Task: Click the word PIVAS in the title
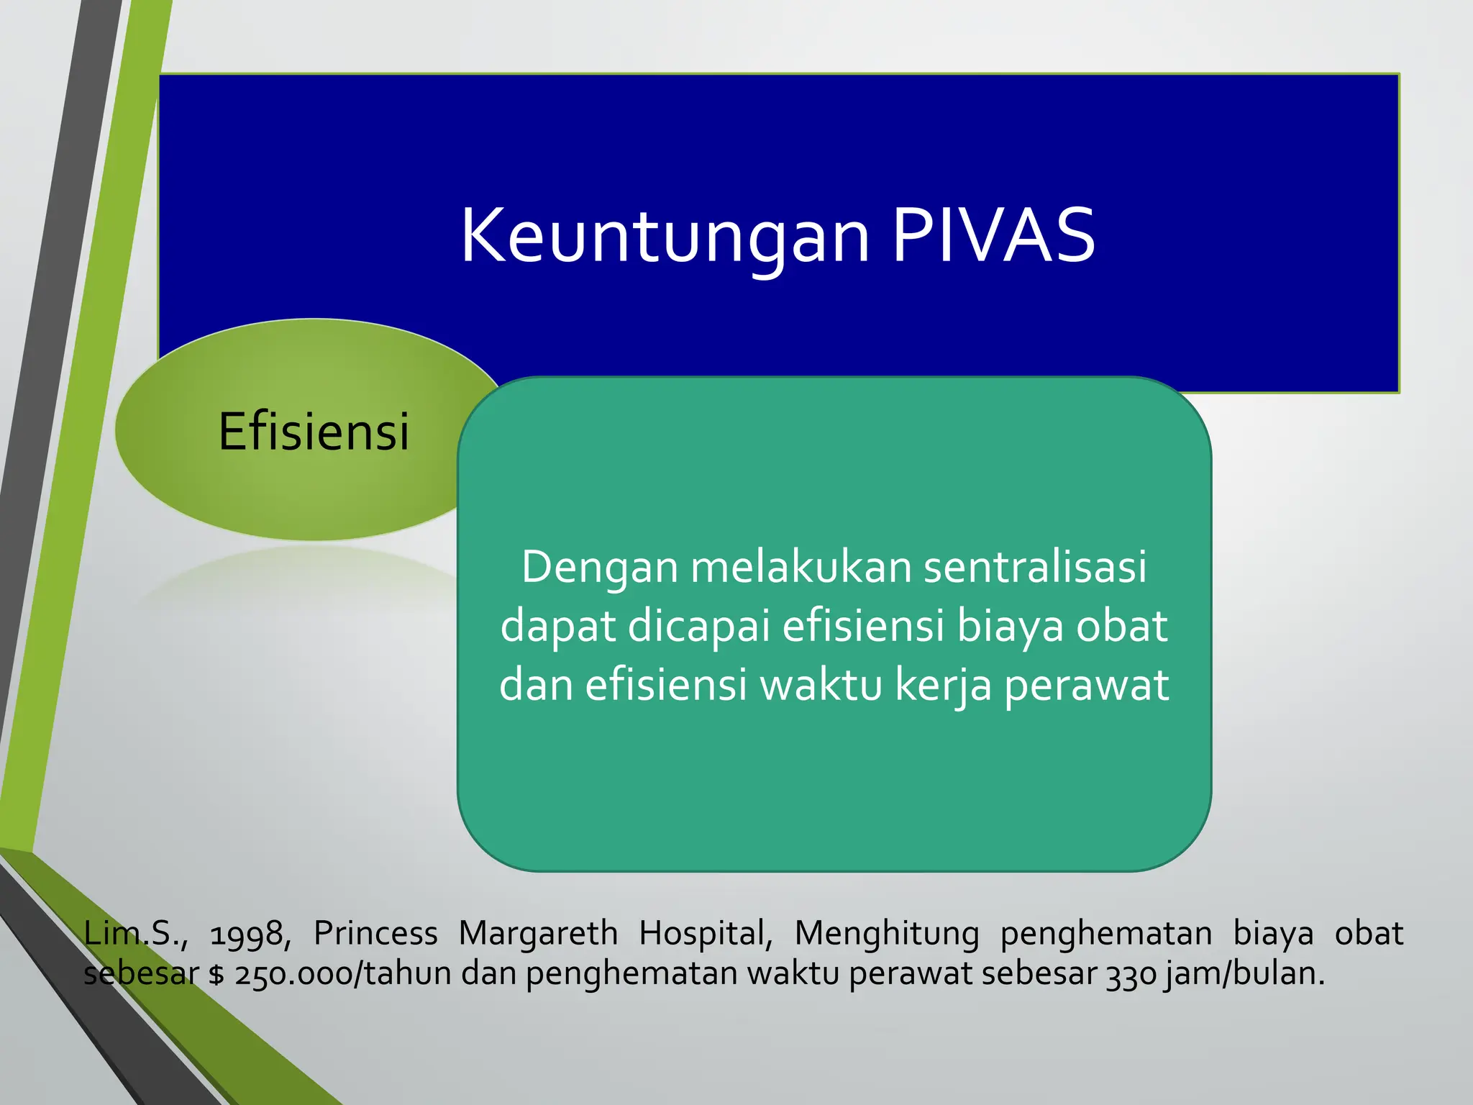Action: [x=993, y=236]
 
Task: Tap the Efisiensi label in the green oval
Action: [x=314, y=432]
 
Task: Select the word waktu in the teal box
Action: [x=821, y=685]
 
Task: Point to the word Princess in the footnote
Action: [x=375, y=934]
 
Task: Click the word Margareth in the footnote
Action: [x=538, y=934]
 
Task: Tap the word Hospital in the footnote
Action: [x=705, y=934]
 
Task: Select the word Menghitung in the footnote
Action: [x=886, y=934]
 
